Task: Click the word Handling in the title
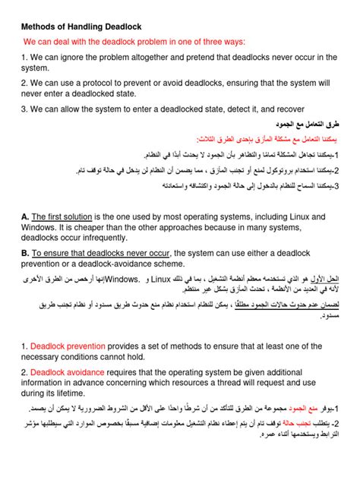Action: pos(84,27)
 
